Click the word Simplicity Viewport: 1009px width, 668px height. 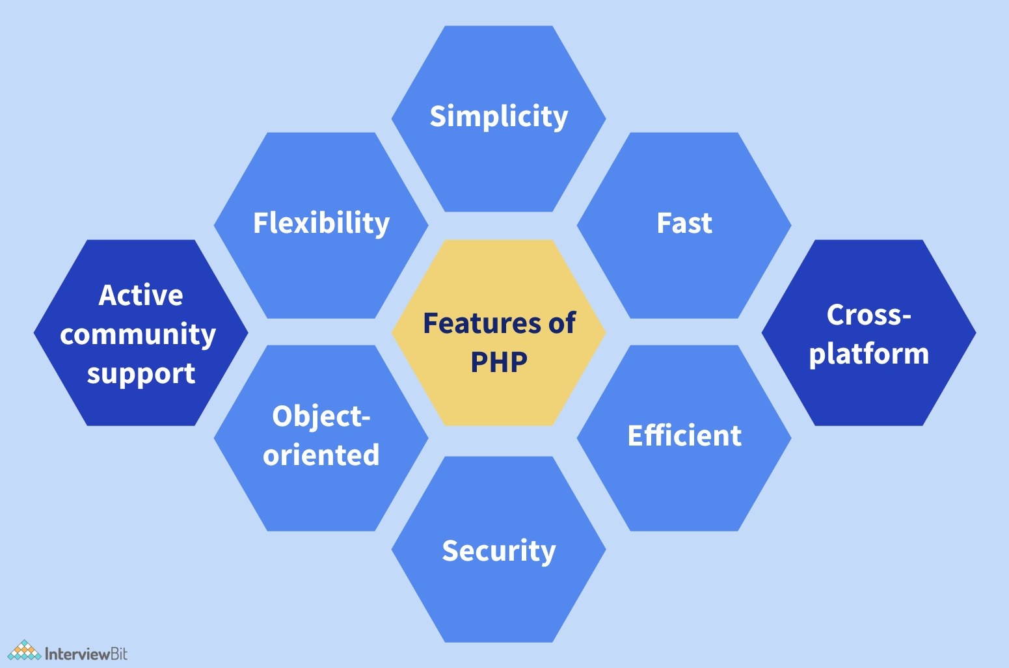pos(499,117)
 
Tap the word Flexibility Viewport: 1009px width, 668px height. pos(321,223)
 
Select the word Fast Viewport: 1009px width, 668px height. pos(684,223)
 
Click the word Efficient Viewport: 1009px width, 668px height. pos(684,436)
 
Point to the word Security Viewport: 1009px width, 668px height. pos(499,551)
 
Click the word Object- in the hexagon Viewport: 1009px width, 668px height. pos(321,416)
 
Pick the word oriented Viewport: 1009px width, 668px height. pos(321,455)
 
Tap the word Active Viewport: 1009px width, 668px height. pos(141,295)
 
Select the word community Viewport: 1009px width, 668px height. pos(138,334)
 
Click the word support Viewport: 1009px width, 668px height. pos(141,374)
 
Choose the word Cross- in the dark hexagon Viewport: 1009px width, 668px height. pos(869,315)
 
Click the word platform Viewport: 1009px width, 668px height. pos(869,354)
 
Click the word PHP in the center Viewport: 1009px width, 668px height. pos(499,362)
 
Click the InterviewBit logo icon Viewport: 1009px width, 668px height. pos(24,650)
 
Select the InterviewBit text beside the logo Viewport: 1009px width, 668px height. pos(86,654)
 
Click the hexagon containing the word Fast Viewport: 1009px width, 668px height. pos(684,273)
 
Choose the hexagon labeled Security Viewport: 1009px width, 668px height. pos(499,598)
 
